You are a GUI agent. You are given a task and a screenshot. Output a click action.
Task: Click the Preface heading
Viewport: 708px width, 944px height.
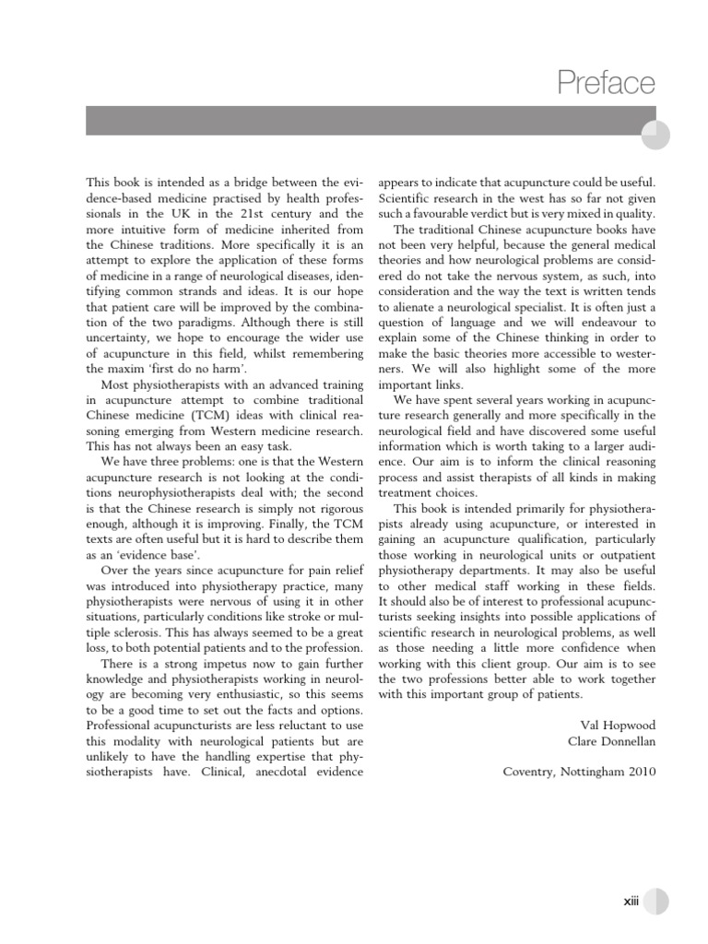tap(606, 84)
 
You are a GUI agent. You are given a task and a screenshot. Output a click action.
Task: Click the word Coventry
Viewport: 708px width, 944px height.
tap(533, 772)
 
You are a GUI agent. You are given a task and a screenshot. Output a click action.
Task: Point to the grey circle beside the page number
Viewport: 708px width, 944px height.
tap(655, 905)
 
